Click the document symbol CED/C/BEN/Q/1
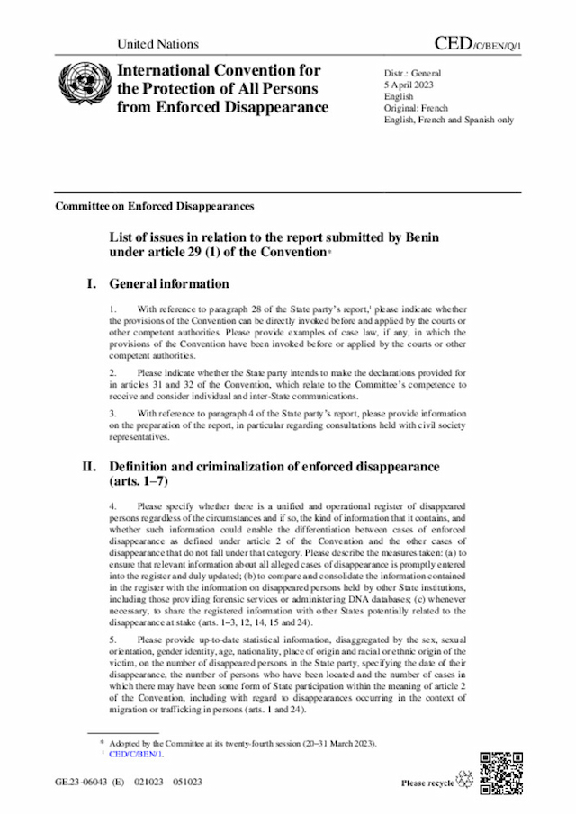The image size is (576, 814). [x=477, y=43]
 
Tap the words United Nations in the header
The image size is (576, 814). [x=157, y=44]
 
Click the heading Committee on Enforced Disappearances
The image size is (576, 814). [x=154, y=206]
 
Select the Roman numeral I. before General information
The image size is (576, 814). [x=91, y=284]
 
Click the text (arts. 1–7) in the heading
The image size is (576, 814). [x=138, y=482]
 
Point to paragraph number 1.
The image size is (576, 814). [x=112, y=309]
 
